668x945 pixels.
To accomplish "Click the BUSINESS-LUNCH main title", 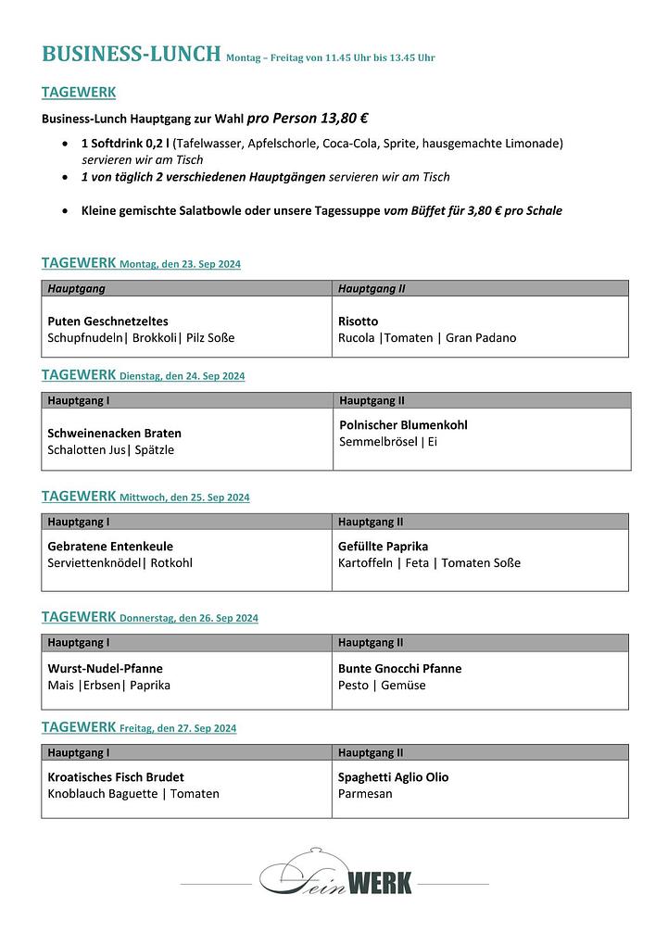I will coord(131,54).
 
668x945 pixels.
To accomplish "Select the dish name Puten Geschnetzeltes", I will coord(107,321).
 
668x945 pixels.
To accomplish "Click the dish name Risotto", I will coord(359,321).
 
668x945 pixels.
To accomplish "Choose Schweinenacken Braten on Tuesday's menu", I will coord(114,433).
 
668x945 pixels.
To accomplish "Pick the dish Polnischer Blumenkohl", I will coord(403,424).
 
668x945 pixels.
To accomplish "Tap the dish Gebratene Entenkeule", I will coord(110,546).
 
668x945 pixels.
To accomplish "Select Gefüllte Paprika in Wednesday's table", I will coord(383,546).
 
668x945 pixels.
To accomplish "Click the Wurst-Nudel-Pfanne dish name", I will coord(105,668).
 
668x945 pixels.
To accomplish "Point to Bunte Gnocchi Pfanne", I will coord(399,668).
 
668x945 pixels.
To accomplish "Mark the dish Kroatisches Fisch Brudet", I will coord(116,777).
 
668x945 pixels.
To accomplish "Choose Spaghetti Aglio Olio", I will coord(393,777).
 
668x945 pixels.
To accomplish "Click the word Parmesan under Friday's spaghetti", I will coord(365,794).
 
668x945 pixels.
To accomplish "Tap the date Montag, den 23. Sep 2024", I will coord(180,264).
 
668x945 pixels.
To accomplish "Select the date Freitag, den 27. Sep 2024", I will coord(178,728).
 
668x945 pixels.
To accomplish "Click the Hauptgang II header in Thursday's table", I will coord(371,642).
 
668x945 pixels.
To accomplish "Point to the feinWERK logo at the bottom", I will coord(335,879).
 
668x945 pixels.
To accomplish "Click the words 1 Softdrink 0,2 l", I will coord(125,144).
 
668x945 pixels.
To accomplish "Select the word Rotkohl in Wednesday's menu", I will coord(171,562).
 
